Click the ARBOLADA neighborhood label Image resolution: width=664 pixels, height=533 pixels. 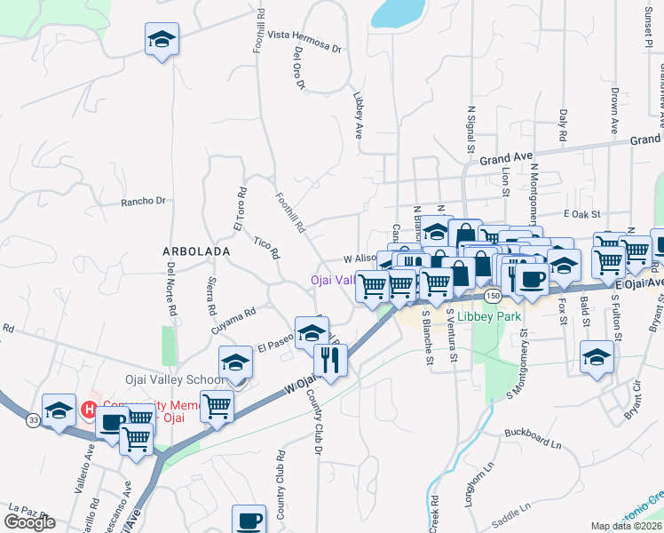(195, 251)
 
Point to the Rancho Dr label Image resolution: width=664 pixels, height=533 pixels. (144, 202)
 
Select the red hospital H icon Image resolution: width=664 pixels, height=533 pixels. (89, 410)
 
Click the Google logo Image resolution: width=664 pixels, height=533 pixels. (29, 522)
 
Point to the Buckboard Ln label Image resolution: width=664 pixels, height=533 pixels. (534, 433)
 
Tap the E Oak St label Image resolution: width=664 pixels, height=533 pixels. (582, 214)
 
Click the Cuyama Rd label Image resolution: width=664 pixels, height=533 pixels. (233, 319)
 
